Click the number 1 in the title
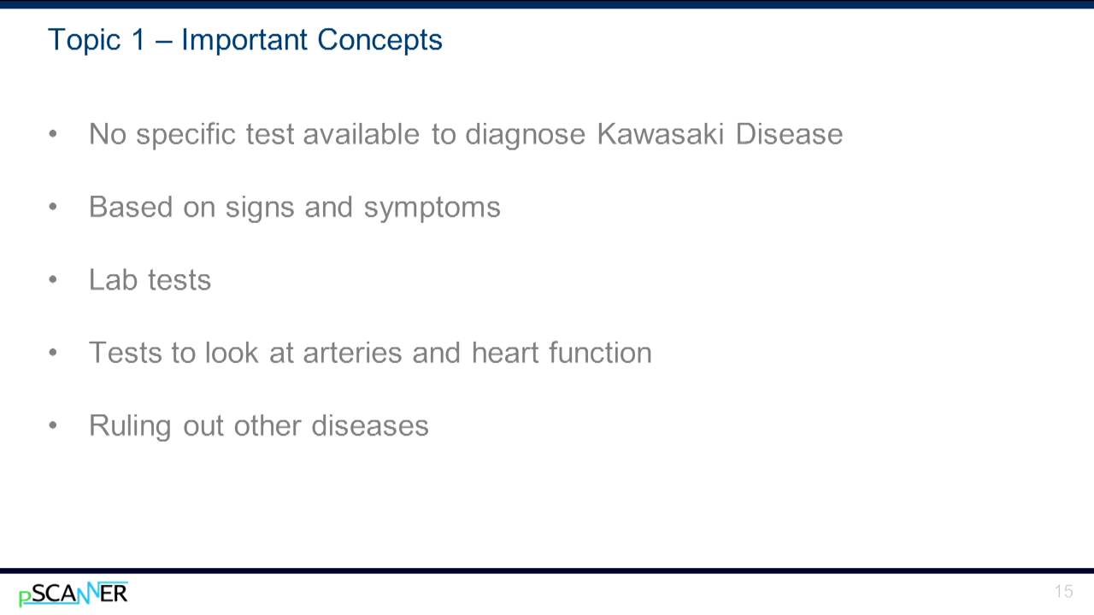point(138,40)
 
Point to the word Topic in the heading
point(83,40)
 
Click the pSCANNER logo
point(74,594)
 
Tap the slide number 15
point(1063,592)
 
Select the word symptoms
point(432,208)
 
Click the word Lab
point(113,280)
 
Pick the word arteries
point(352,353)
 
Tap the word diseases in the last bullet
point(369,425)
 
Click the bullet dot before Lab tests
point(54,280)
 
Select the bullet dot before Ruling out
point(54,425)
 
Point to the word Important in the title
point(244,40)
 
